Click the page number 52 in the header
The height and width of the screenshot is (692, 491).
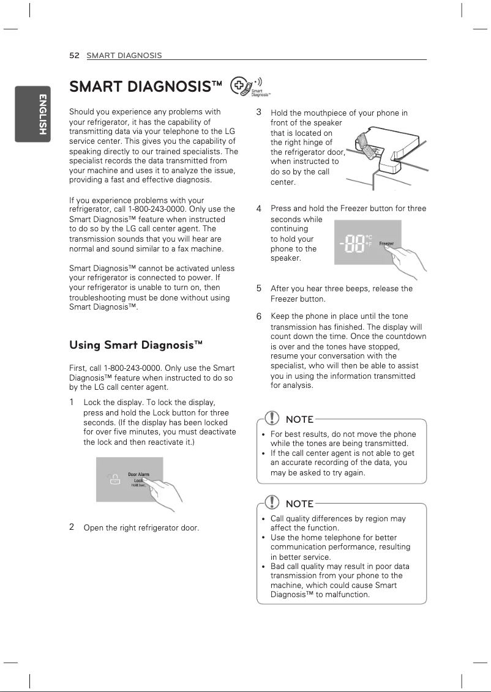pos(75,56)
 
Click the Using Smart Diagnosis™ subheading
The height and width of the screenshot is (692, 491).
pos(136,345)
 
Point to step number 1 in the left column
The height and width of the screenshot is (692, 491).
pos(72,402)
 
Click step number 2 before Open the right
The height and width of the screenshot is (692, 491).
pos(72,527)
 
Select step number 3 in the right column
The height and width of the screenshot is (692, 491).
pos(259,113)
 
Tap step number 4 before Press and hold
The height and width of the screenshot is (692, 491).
pos(259,209)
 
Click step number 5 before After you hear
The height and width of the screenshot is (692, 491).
pos(259,288)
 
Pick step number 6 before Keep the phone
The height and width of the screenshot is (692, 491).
pos(259,316)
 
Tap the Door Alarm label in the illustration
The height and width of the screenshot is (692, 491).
pos(138,474)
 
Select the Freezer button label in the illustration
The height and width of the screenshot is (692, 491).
pos(386,244)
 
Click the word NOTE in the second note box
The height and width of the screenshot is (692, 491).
pos(299,504)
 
